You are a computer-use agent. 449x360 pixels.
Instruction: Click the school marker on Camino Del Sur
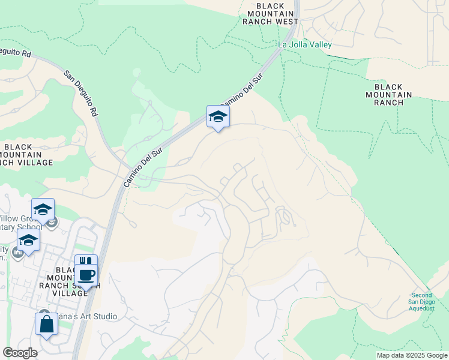click(x=218, y=117)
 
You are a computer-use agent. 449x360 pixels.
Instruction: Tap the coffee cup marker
click(x=86, y=275)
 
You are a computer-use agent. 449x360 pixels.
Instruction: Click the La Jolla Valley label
click(x=305, y=44)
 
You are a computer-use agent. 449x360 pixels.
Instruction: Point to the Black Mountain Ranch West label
click(x=271, y=13)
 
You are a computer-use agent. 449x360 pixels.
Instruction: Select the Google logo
click(x=20, y=353)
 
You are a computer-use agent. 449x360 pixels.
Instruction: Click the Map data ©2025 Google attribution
click(x=412, y=355)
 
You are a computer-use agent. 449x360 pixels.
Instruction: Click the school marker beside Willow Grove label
click(x=43, y=210)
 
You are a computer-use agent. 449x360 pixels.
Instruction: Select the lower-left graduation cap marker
click(x=28, y=241)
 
